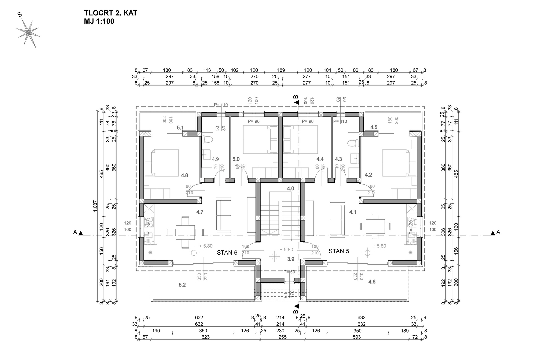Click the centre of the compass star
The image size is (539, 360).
[28, 32]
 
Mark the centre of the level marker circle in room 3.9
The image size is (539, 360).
[274, 256]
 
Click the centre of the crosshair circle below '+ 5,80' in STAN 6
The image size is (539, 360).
[194, 253]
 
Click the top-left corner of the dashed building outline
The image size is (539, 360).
[136, 107]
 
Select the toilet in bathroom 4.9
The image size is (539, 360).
[207, 139]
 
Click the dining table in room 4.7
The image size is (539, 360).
[185, 232]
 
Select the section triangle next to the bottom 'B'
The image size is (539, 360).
[297, 307]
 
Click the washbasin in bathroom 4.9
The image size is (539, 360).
[206, 155]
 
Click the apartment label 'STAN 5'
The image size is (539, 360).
[339, 251]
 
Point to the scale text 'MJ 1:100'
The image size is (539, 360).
[99, 21]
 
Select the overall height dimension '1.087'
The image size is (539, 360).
[95, 206]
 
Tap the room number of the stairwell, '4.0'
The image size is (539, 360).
[290, 189]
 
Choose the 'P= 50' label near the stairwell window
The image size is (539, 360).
[289, 272]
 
